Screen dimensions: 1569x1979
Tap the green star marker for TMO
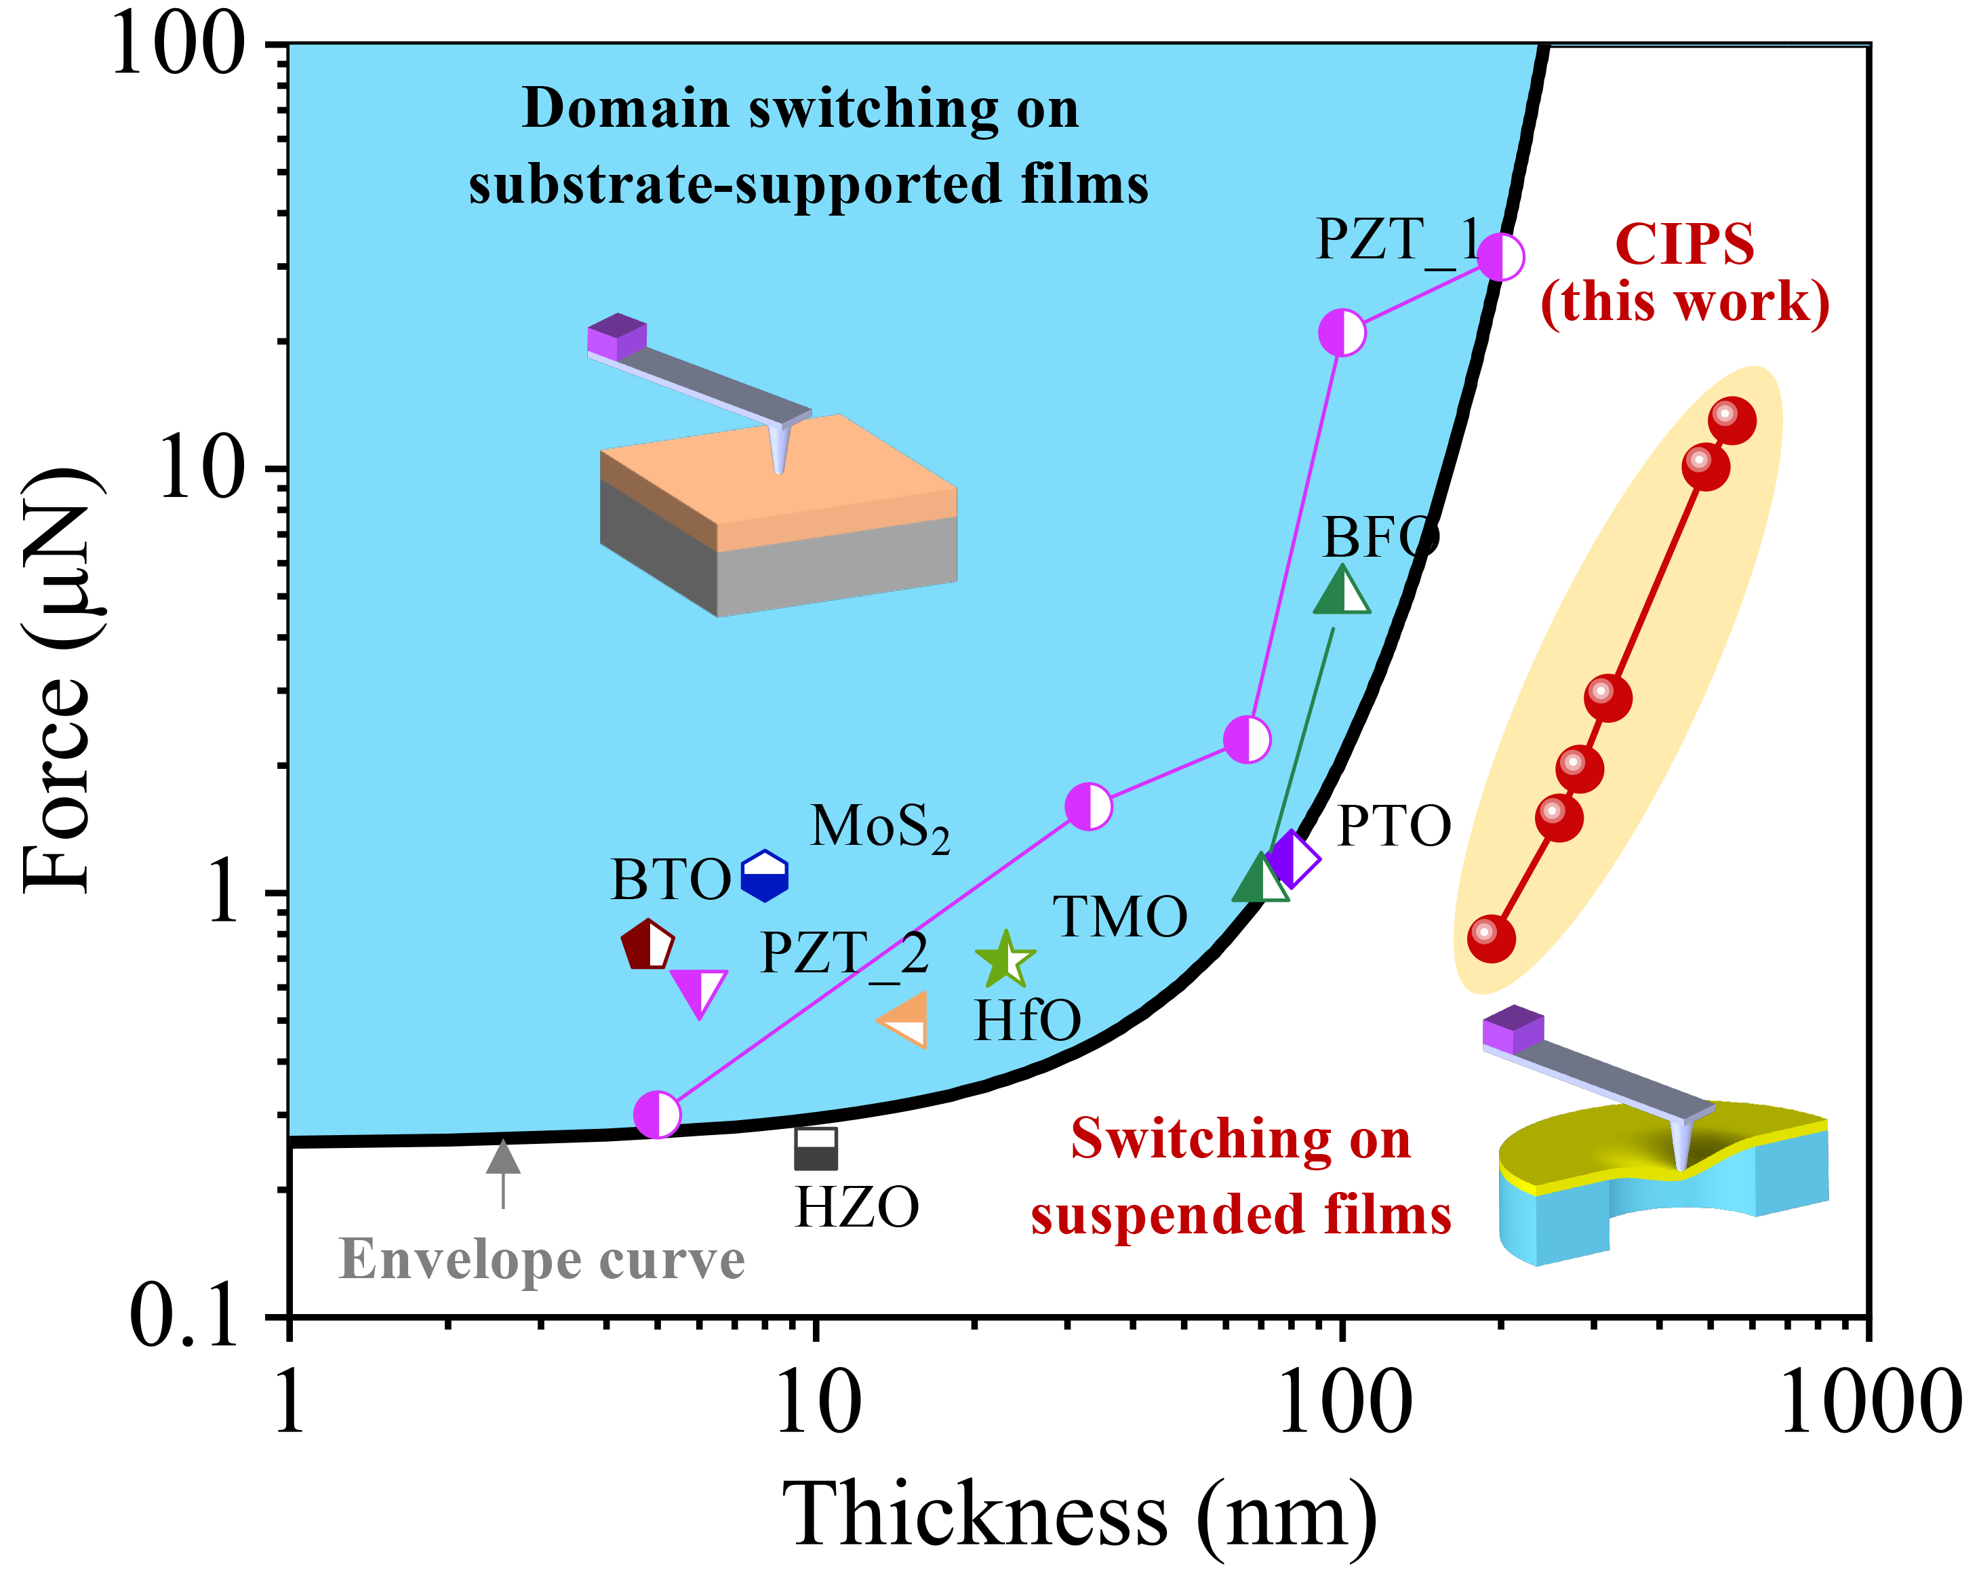pos(1006,960)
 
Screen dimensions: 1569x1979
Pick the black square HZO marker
pos(815,1149)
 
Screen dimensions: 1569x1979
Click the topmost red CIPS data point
pos(1731,420)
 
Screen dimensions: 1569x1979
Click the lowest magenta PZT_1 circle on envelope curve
pos(657,1115)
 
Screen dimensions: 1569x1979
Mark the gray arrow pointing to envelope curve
pos(503,1170)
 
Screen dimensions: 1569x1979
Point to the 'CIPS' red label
pos(1684,245)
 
